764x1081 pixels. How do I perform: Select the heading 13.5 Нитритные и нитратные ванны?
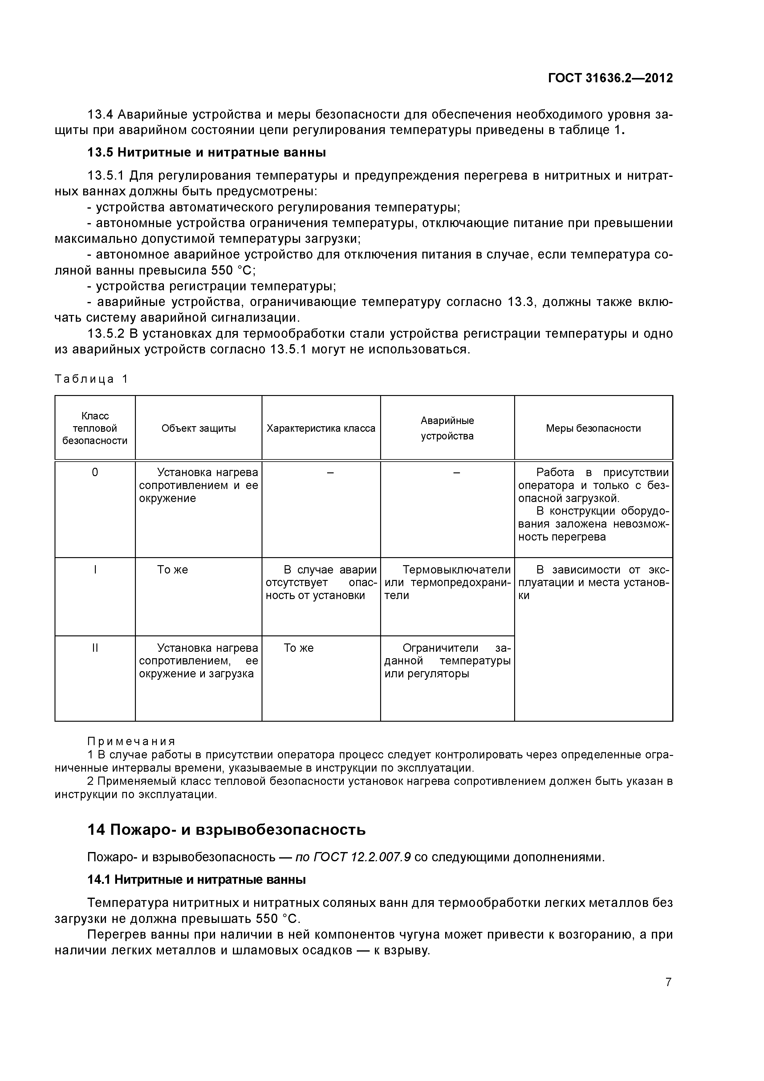tap(207, 153)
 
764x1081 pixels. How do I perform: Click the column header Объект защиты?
tap(198, 428)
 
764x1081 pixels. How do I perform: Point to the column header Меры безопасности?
tap(593, 428)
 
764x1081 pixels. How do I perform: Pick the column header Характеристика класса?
tap(321, 428)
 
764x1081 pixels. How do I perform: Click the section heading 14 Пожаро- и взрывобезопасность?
tap(226, 830)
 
